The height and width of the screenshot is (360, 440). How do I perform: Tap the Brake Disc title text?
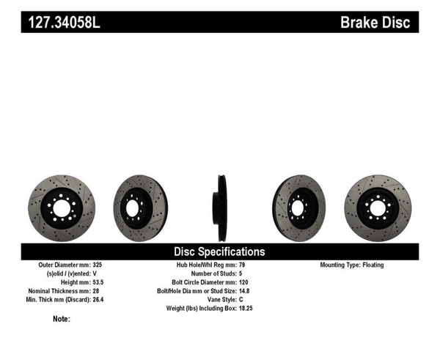pos(375,22)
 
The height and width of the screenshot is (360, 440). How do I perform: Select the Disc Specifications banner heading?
pos(219,251)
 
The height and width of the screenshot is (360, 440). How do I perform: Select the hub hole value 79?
pos(242,265)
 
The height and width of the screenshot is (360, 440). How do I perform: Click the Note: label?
pos(62,319)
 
